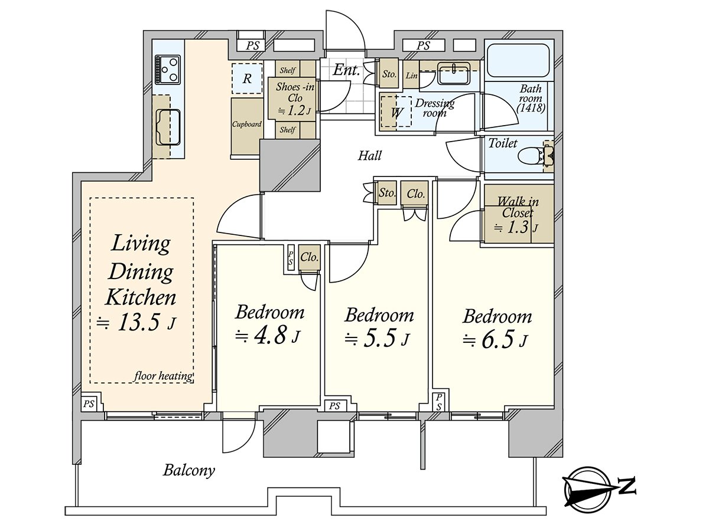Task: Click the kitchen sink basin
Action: [168, 127]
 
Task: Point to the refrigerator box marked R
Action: [247, 78]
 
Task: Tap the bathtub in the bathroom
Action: [518, 60]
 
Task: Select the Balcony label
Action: [189, 470]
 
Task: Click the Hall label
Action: [370, 156]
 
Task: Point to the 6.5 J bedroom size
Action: [496, 340]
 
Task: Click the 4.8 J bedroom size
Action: [268, 336]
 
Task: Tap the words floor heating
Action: [164, 376]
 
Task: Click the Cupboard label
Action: [247, 124]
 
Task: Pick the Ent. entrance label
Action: [347, 70]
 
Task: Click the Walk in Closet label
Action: [518, 207]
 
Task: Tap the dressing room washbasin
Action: [454, 74]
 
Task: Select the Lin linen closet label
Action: [411, 76]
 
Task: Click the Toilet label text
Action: [503, 143]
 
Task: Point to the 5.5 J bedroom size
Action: [378, 339]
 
